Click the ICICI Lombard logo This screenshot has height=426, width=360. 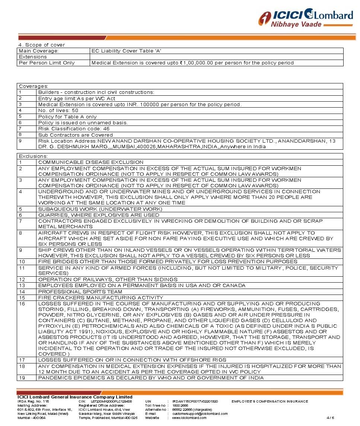[306, 18]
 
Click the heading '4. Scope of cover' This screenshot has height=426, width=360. [41, 45]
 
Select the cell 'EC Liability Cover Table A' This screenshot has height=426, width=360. [126, 51]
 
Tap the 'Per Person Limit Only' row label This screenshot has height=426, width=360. [47, 63]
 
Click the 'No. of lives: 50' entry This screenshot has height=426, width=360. [58, 111]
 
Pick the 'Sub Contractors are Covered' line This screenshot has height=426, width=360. [75, 135]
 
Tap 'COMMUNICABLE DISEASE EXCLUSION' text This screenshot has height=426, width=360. [90, 162]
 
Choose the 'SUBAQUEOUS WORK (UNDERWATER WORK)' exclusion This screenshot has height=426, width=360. [100, 209]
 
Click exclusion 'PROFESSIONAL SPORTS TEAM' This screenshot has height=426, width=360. [80, 292]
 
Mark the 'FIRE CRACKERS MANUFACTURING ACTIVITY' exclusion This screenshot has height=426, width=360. [101, 298]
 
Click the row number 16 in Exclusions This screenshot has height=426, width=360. [22, 304]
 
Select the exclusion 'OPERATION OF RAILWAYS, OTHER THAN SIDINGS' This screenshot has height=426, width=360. [108, 279]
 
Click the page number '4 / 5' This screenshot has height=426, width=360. [330, 417]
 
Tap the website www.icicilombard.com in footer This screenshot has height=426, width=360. [189, 417]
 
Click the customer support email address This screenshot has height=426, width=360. [200, 413]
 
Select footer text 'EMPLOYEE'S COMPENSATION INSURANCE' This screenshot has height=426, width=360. [270, 401]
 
